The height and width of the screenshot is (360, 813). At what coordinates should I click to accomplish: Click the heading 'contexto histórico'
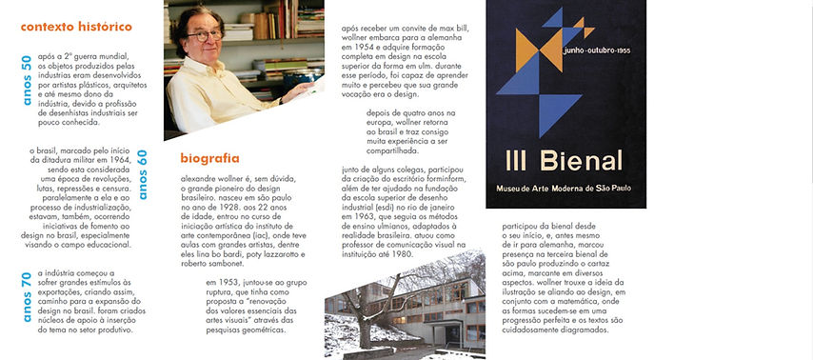(x=76, y=27)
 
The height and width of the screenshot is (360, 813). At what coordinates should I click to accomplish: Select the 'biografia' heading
(x=209, y=158)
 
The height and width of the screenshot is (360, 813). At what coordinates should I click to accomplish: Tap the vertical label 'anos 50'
(x=27, y=80)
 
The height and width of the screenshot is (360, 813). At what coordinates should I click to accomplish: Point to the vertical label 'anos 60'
(x=142, y=174)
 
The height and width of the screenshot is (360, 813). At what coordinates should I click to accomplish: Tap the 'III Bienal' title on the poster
(x=565, y=162)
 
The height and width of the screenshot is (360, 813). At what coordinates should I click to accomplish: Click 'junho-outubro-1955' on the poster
(x=597, y=48)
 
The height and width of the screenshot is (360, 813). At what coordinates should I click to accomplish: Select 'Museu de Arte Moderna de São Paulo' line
(x=565, y=190)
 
